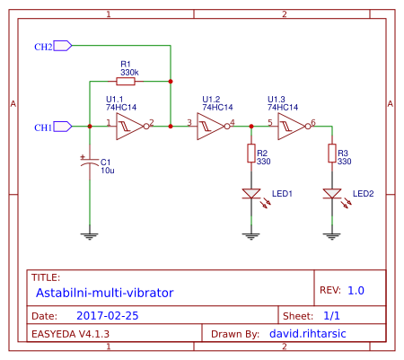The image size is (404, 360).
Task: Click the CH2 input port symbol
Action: [x=63, y=46]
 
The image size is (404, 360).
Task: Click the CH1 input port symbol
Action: [x=63, y=127]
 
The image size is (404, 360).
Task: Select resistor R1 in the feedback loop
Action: [x=126, y=81]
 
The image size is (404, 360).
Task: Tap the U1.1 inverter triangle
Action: [x=128, y=127]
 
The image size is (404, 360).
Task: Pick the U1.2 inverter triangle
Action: [x=209, y=127]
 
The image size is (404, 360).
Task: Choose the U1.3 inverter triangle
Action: [x=290, y=127]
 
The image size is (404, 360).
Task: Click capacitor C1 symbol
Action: [x=89, y=163]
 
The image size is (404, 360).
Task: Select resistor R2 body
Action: [x=250, y=154]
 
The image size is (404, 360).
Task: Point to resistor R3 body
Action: [x=331, y=154]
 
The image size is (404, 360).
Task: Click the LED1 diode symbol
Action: [x=250, y=194]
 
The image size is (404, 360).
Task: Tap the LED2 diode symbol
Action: [x=331, y=194]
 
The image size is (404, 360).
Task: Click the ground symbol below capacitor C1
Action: [x=89, y=235]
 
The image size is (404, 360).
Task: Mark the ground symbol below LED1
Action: [x=250, y=235]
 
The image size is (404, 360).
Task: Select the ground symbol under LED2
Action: [x=331, y=235]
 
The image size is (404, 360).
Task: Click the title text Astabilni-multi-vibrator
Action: [x=104, y=293]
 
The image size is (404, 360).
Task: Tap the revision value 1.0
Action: [x=356, y=291]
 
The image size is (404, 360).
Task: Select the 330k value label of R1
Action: [x=130, y=72]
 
